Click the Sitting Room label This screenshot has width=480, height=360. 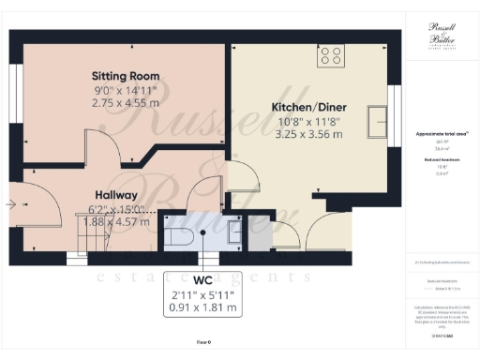(125, 75)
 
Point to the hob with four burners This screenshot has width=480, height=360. (331, 55)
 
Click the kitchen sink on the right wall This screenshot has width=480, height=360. (380, 118)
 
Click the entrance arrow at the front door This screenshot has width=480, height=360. (11, 203)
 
